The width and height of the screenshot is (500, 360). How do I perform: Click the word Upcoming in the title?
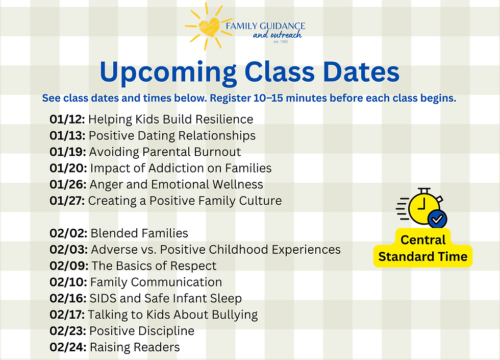point(167,72)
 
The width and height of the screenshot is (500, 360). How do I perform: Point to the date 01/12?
point(67,119)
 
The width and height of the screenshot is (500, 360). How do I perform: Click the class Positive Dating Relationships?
point(172,136)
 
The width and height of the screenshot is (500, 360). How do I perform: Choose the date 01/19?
point(68,152)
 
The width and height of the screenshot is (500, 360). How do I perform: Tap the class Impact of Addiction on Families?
point(181,168)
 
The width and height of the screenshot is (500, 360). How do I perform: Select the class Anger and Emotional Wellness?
point(176,184)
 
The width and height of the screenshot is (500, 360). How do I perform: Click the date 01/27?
point(67,201)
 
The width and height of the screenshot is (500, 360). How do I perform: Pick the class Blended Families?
point(139,233)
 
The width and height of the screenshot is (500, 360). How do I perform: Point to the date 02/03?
point(68,250)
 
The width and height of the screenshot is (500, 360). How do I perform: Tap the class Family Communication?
point(156,282)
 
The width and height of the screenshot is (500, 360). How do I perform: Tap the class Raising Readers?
point(135,347)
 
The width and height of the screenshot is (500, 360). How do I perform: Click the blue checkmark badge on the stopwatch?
point(437,219)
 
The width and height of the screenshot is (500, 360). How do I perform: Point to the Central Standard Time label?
point(422,248)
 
